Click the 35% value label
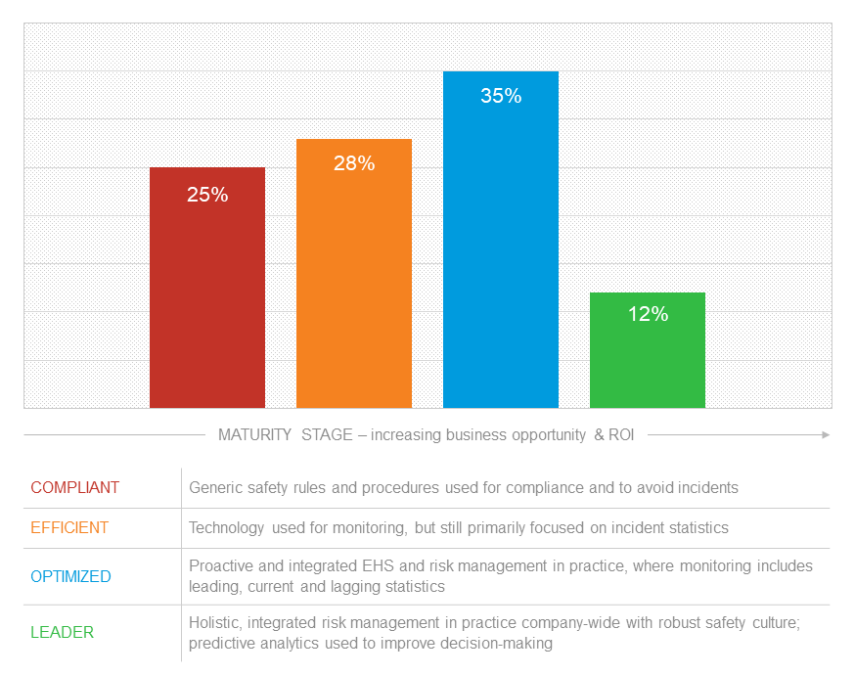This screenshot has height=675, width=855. tap(500, 96)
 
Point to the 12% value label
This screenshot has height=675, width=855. tap(647, 314)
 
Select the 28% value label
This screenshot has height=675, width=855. tap(353, 163)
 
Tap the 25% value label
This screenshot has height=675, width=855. tap(206, 195)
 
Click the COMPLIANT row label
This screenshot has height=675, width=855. tap(75, 487)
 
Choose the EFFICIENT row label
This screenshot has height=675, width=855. tap(69, 527)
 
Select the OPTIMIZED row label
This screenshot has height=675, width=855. tap(71, 576)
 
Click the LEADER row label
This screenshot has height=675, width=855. tap(63, 632)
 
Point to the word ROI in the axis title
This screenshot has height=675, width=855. tap(620, 434)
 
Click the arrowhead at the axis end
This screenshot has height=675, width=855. tap(827, 434)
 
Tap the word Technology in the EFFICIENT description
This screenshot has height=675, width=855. tap(226, 527)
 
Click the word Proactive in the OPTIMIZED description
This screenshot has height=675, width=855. tap(221, 566)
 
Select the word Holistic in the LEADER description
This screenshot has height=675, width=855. tap(215, 622)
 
